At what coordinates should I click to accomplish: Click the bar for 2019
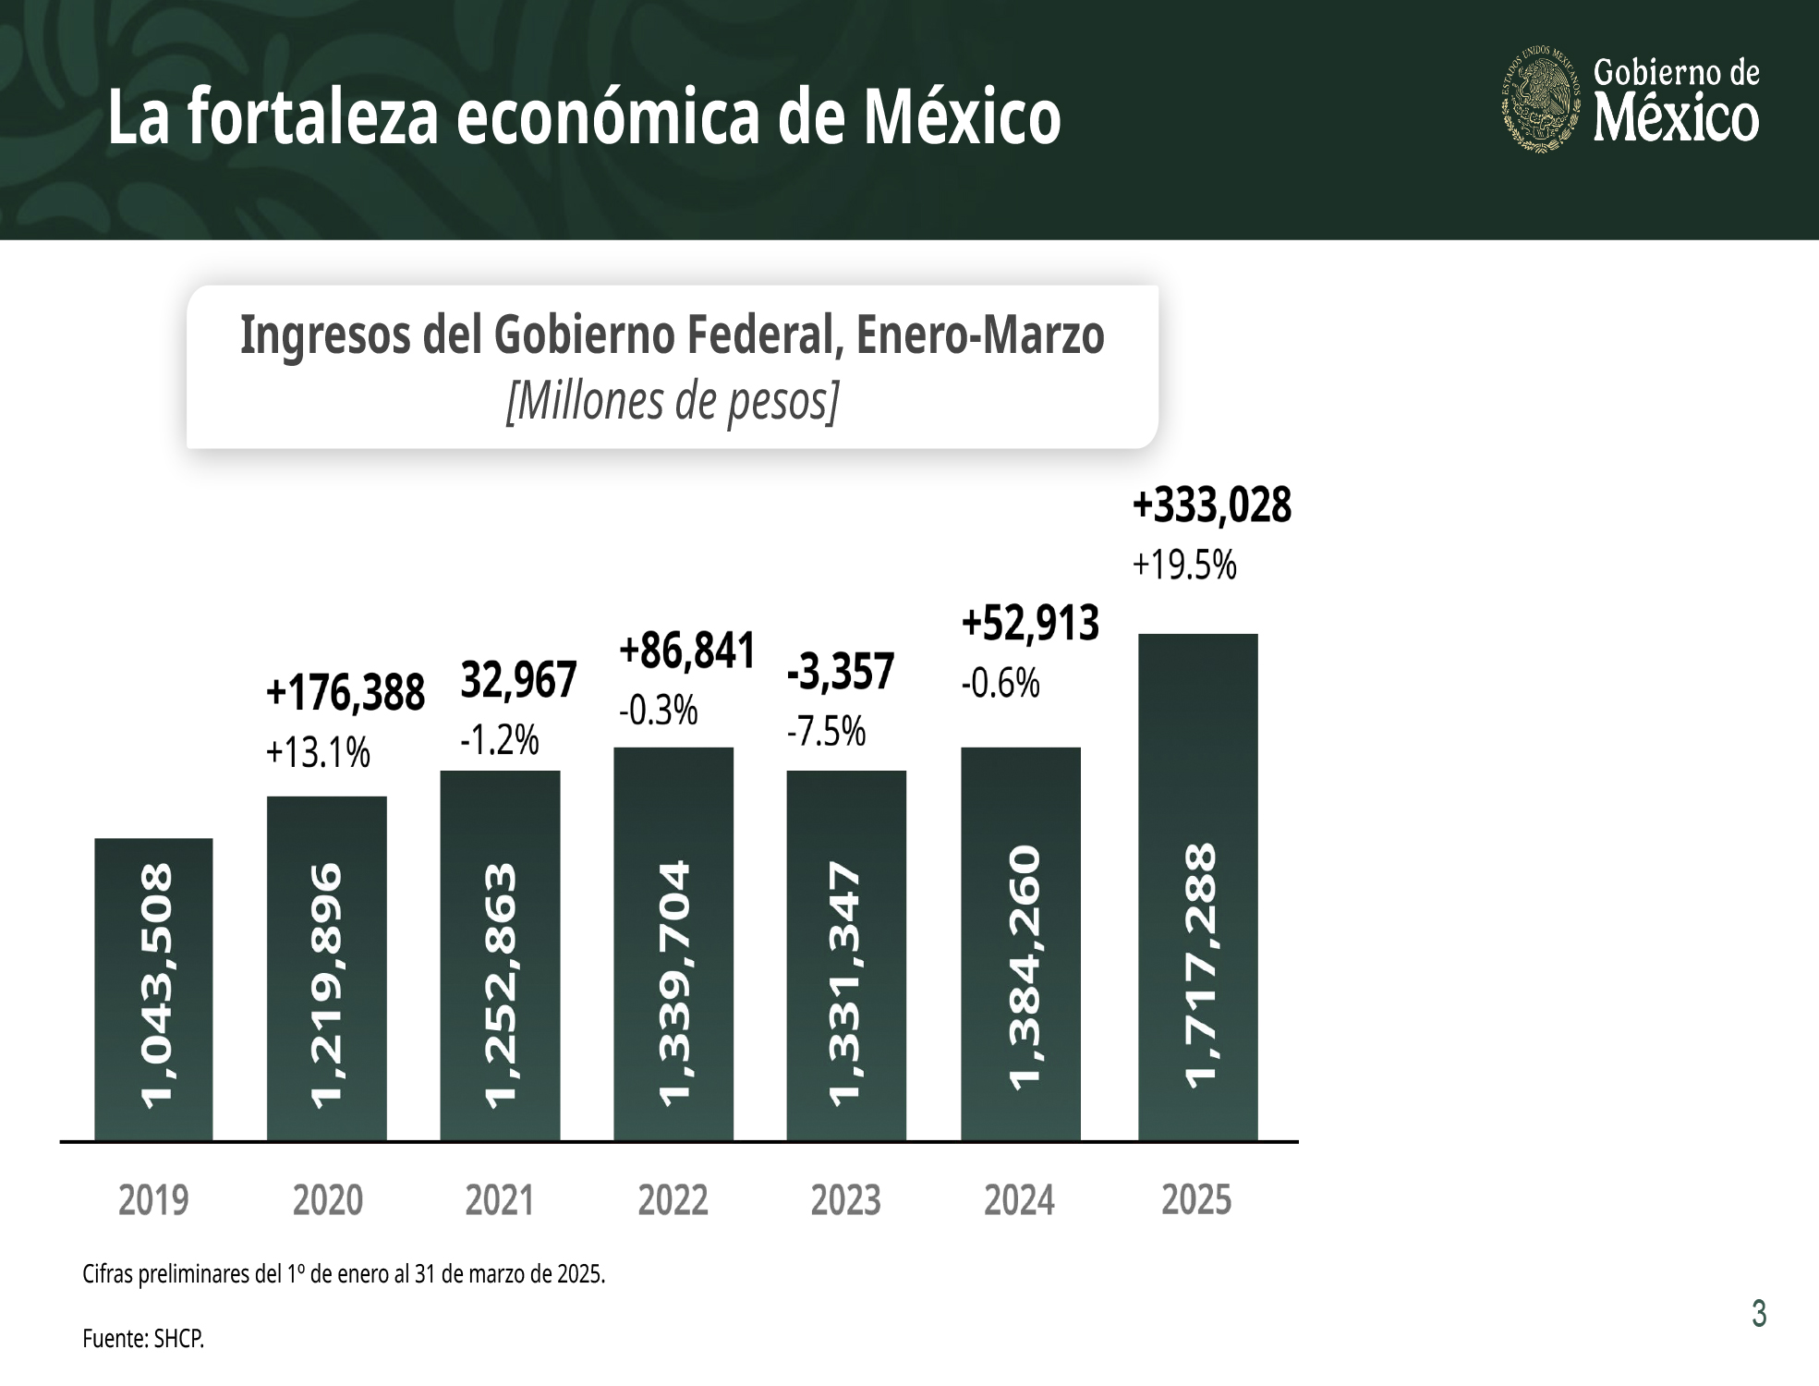[153, 989]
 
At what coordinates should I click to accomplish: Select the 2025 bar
[1197, 887]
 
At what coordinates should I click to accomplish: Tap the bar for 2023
[846, 955]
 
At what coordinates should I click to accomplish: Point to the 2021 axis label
[500, 1200]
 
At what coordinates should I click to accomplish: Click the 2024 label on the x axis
[1019, 1200]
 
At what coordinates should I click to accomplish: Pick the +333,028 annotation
[1211, 506]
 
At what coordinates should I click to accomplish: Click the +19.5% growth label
[1184, 565]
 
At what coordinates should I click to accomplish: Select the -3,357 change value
[840, 672]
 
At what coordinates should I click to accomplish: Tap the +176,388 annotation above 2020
[345, 693]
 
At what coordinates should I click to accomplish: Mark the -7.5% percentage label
[826, 733]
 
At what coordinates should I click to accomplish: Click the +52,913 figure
[1030, 624]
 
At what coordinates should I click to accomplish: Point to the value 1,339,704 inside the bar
[674, 982]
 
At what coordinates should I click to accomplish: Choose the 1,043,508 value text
[154, 985]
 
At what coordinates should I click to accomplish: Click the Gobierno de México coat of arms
[1540, 100]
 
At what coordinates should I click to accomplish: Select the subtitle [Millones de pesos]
[673, 402]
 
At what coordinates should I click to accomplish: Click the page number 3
[1759, 1313]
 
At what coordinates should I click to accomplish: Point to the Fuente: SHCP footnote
[143, 1338]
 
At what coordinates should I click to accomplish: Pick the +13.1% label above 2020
[318, 754]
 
